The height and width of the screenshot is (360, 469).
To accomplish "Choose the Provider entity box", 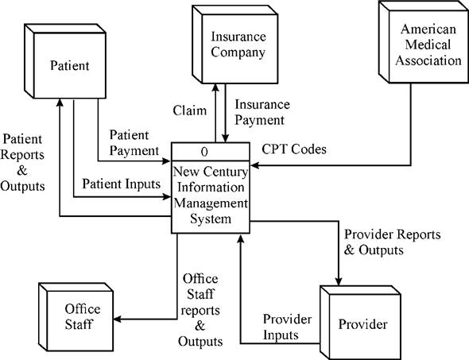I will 362,324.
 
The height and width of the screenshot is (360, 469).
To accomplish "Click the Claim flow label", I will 191,110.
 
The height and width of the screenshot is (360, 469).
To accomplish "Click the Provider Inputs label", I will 292,326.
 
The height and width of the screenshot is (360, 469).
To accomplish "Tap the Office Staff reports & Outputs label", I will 201,309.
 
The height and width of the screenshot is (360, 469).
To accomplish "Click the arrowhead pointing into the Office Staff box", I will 118,320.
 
